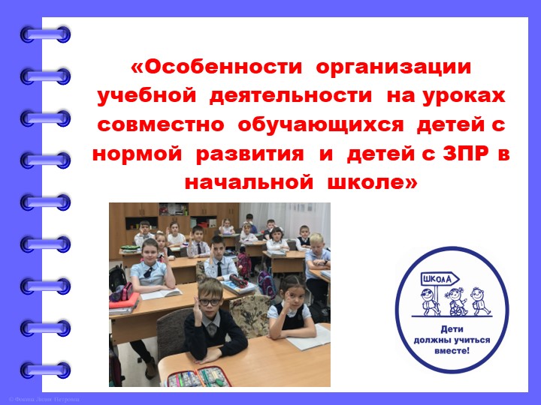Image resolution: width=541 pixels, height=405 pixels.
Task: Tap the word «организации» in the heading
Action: pyautogui.click(x=394, y=67)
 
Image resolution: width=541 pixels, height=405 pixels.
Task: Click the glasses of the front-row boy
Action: pyautogui.click(x=210, y=302)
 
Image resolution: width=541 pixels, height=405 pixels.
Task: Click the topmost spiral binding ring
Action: pyautogui.click(x=45, y=34)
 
